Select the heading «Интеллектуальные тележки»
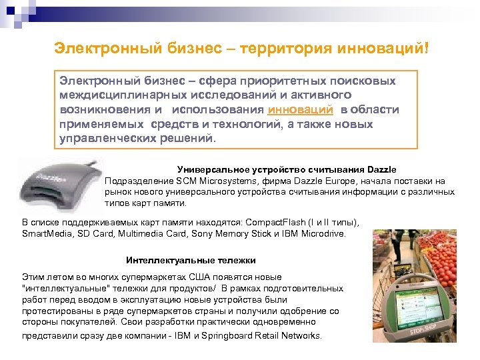point(191,260)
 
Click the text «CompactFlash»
point(276,223)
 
